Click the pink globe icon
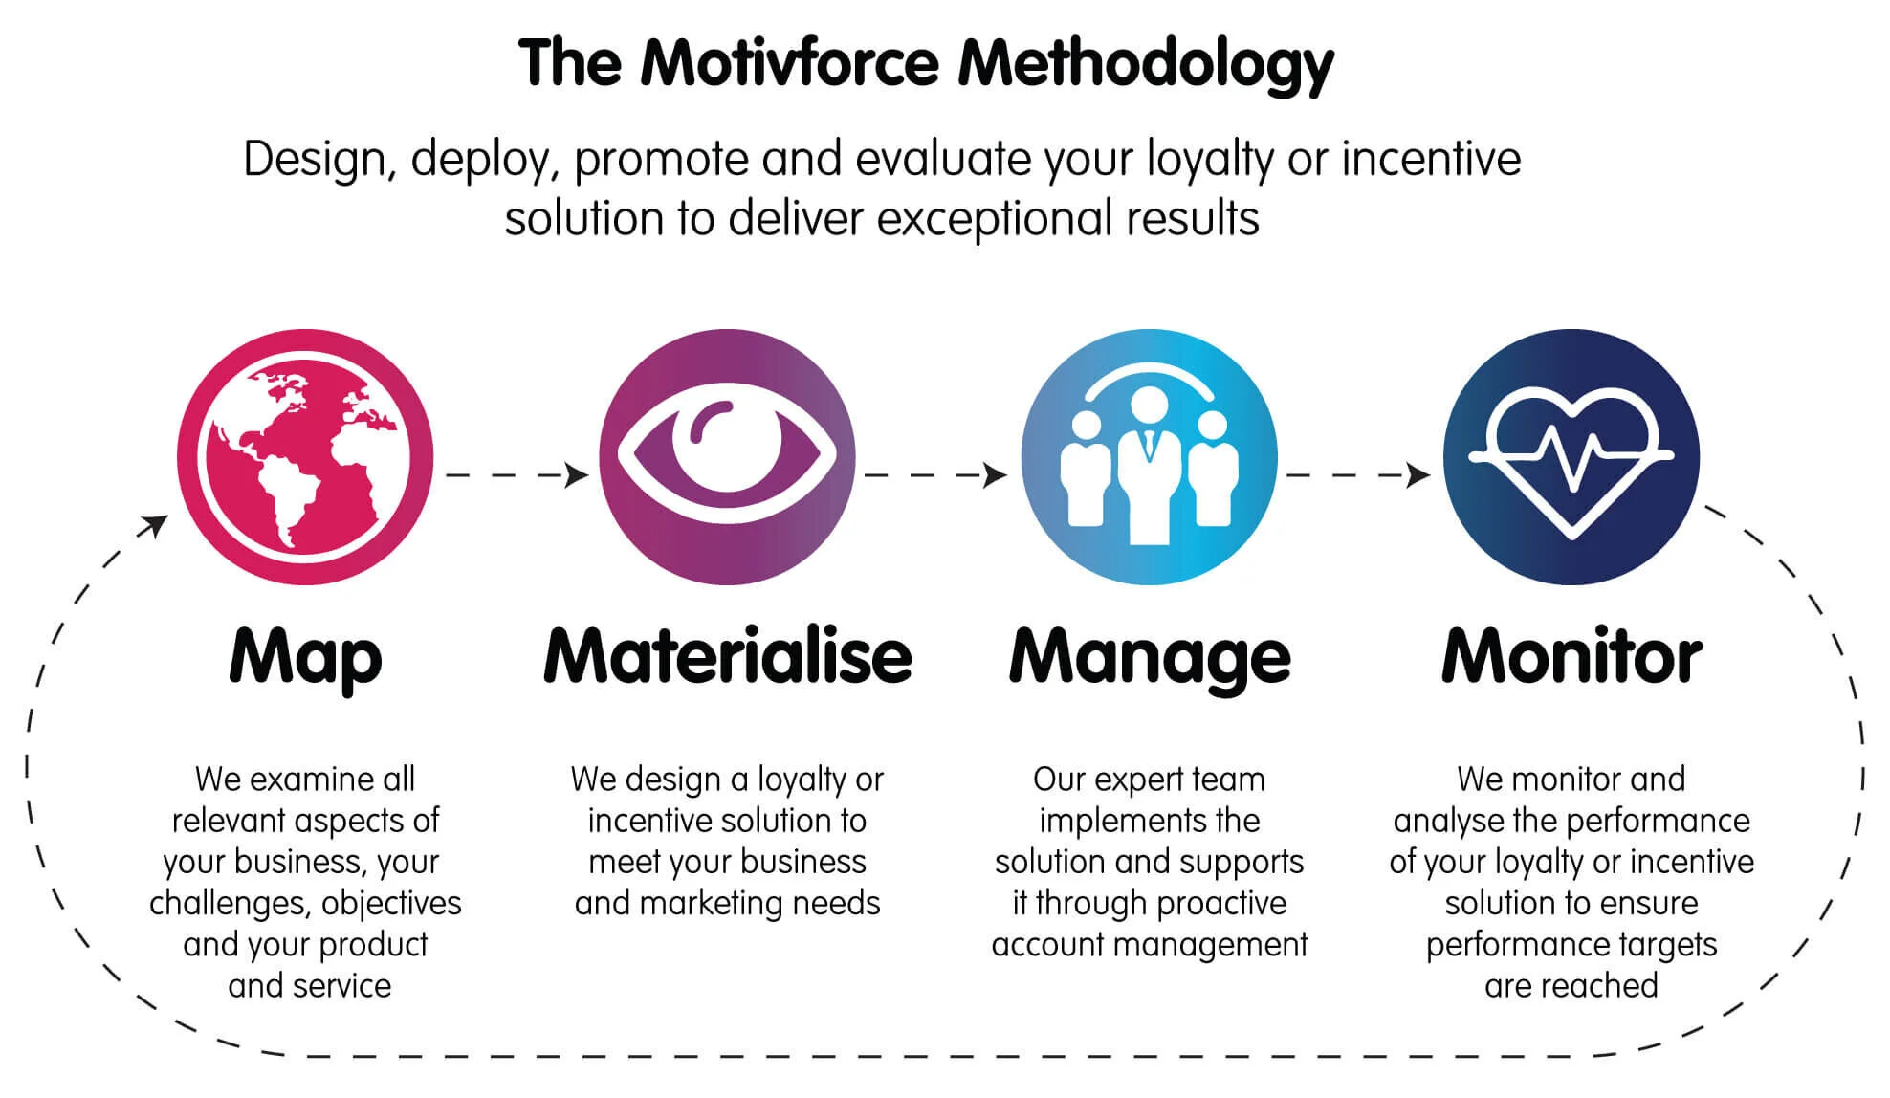(305, 457)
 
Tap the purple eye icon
(727, 457)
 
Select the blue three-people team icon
(1149, 457)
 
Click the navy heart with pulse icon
(1571, 457)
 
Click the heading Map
(305, 658)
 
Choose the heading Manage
(1149, 658)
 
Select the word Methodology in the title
(1145, 65)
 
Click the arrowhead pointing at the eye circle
(576, 474)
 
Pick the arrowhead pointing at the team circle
(996, 474)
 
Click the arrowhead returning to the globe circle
(153, 525)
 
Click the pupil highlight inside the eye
(709, 422)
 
